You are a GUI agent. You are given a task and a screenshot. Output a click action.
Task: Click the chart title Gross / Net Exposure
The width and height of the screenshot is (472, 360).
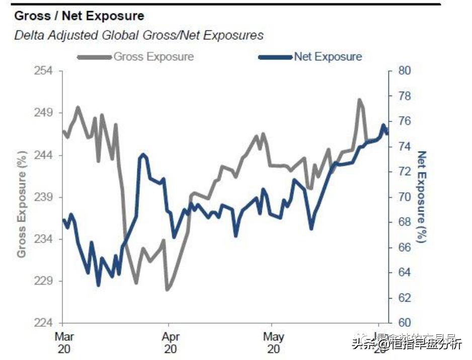click(x=79, y=16)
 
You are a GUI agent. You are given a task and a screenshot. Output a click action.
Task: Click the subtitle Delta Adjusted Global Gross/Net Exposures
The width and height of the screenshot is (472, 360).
click(x=139, y=35)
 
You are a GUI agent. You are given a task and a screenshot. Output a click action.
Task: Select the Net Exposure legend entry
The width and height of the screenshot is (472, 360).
click(x=328, y=56)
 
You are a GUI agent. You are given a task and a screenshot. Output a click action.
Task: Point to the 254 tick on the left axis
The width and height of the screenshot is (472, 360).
click(x=44, y=70)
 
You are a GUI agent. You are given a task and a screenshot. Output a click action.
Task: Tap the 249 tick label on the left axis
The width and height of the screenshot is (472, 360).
click(x=44, y=113)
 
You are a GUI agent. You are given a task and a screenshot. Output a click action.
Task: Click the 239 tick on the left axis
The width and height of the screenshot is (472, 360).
click(x=44, y=197)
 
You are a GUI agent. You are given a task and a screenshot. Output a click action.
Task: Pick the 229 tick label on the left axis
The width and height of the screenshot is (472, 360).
click(x=44, y=281)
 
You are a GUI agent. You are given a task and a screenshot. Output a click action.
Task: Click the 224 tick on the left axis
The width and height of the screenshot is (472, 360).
click(x=44, y=323)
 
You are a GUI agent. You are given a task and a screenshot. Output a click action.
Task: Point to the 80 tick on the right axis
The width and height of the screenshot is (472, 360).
click(x=406, y=70)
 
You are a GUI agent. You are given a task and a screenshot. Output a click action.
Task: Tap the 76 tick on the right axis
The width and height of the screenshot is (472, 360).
click(x=406, y=121)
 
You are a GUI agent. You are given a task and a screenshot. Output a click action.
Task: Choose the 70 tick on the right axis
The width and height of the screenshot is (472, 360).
click(x=406, y=197)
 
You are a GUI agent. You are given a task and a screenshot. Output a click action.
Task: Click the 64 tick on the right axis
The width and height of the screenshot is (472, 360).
click(x=406, y=272)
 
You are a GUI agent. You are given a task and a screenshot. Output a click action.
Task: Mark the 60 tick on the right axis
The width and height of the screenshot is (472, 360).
click(x=406, y=323)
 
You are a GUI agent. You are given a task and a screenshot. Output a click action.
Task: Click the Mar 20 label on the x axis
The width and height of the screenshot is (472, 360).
click(x=63, y=342)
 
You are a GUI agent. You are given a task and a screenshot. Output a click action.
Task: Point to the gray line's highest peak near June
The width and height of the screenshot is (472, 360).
click(x=359, y=100)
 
